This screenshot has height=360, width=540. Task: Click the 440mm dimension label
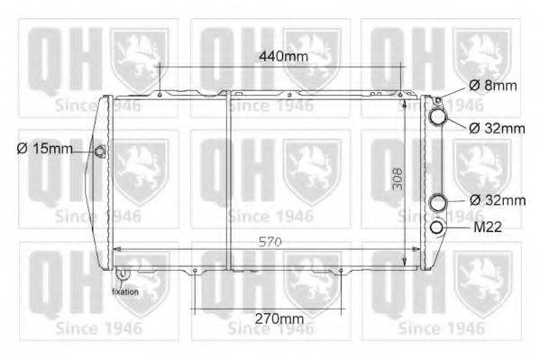pyautogui.click(x=283, y=56)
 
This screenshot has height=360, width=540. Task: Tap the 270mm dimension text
pyautogui.click(x=279, y=319)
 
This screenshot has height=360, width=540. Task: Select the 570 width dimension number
pyautogui.click(x=270, y=242)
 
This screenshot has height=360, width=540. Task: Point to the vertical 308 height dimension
pyautogui.click(x=398, y=179)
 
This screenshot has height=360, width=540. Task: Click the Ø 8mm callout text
pyautogui.click(x=493, y=86)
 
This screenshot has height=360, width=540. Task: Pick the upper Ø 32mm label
pyautogui.click(x=497, y=129)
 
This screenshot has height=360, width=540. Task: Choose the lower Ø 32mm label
pyautogui.click(x=498, y=200)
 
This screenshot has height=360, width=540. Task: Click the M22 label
pyautogui.click(x=488, y=227)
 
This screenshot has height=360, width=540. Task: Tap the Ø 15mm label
pyautogui.click(x=45, y=149)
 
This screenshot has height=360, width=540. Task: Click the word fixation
pyautogui.click(x=125, y=291)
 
